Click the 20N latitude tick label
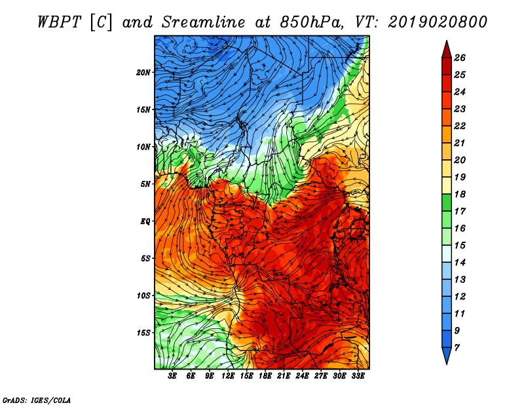[143, 73]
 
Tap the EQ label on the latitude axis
[145, 222]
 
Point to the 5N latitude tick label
[145, 184]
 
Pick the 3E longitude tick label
[172, 376]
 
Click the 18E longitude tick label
[265, 376]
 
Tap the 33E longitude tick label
[358, 376]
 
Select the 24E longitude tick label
[302, 376]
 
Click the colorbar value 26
[460, 58]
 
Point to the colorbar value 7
[457, 348]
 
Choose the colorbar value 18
[460, 194]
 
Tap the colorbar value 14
[460, 263]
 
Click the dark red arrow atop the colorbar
[447, 50]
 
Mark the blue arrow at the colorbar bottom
[447, 355]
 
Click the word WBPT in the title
[59, 22]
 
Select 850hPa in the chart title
[312, 22]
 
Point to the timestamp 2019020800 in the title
[438, 22]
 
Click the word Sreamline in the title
[204, 22]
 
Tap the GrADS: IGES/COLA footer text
[37, 400]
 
